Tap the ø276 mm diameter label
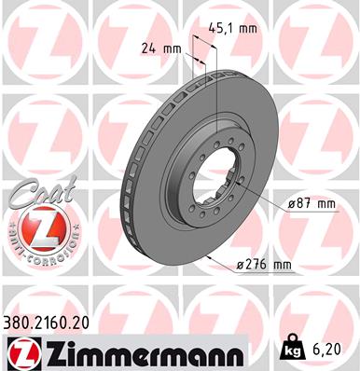click(265, 266)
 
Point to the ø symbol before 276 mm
click(241, 266)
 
